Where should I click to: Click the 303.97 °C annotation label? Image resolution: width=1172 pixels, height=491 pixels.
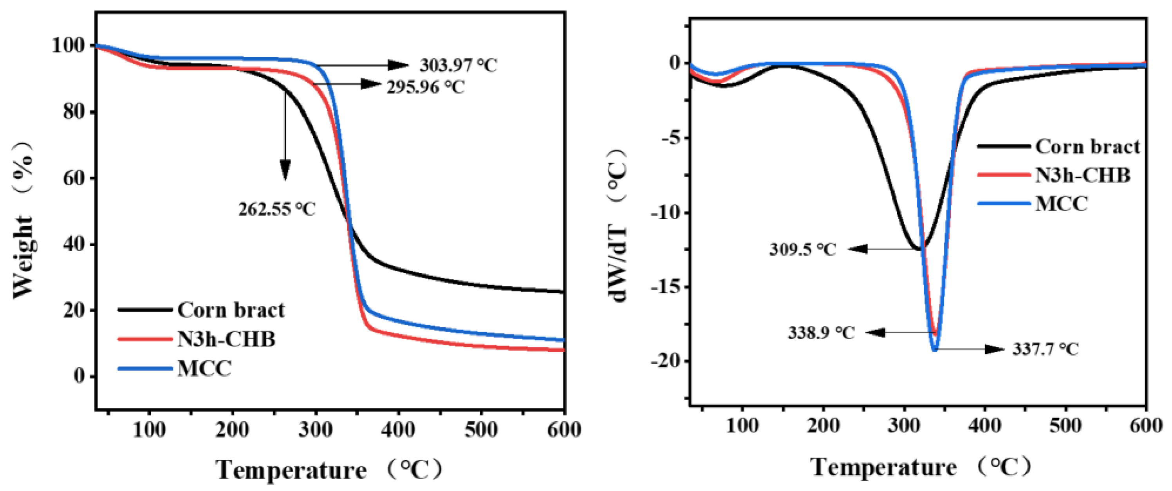coord(458,65)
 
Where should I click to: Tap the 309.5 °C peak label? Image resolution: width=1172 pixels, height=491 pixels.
coord(803,249)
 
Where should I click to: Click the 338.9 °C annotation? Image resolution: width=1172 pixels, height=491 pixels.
coord(821,333)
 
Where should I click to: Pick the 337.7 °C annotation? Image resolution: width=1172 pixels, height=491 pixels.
coord(1045,350)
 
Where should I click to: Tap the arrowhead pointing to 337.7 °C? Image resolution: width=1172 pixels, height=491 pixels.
coord(994,350)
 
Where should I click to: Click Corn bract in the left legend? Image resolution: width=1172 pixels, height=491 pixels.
coord(231,310)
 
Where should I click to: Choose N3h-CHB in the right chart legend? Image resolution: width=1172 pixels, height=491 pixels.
coord(1082,175)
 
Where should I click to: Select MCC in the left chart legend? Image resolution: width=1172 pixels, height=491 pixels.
coord(204,368)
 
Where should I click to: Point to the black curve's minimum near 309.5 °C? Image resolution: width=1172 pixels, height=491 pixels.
coord(920,249)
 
